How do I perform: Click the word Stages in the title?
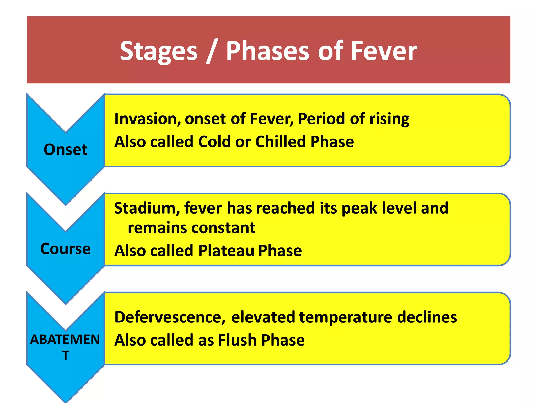(x=159, y=51)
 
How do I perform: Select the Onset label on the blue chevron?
(x=66, y=150)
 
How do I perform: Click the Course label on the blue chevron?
(x=66, y=249)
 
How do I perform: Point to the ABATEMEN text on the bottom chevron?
(x=65, y=339)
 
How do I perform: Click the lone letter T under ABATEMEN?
(x=66, y=356)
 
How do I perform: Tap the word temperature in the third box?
(x=346, y=317)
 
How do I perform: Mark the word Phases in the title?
(x=268, y=51)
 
